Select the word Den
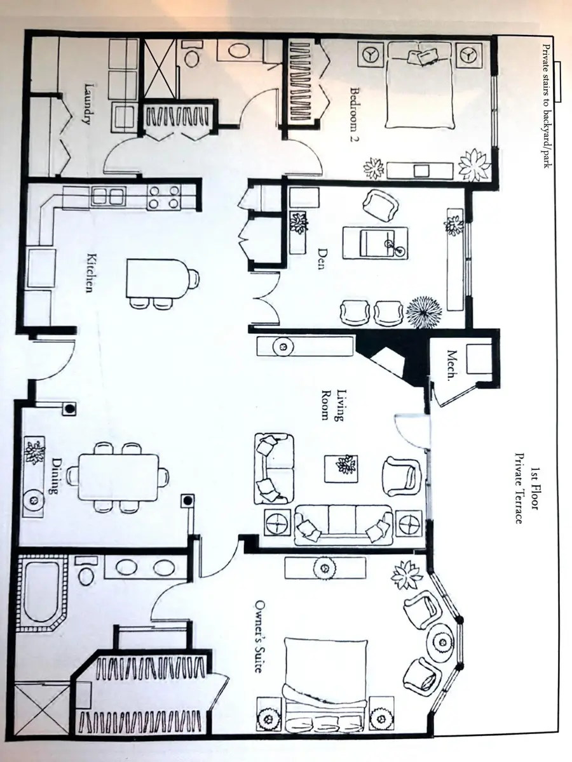click(322, 258)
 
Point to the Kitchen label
click(92, 273)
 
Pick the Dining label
click(57, 476)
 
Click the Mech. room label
click(451, 366)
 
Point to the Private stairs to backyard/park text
click(547, 106)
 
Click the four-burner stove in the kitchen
click(164, 198)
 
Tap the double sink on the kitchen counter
click(108, 197)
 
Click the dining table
click(118, 478)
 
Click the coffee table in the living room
click(341, 469)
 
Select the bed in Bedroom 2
click(419, 85)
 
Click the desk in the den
click(375, 243)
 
